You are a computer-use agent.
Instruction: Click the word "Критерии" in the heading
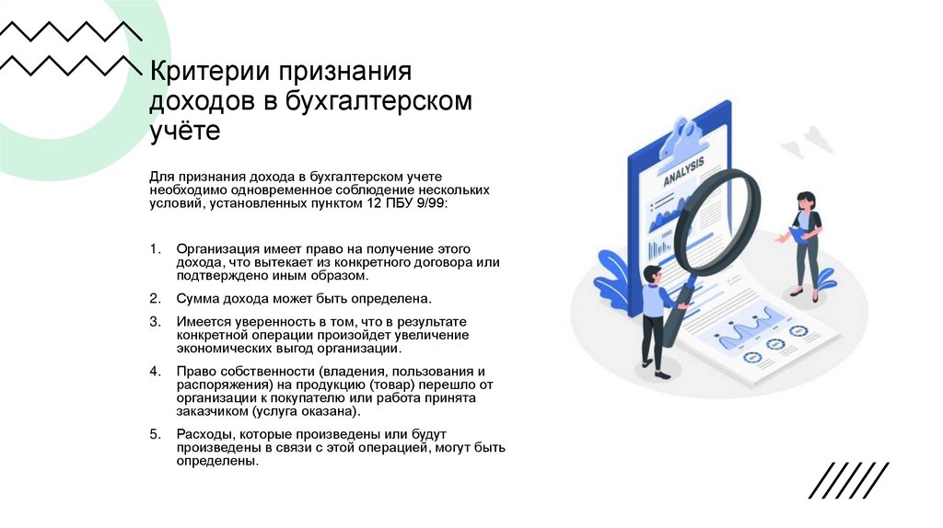204,72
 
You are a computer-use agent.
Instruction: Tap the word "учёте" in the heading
185,131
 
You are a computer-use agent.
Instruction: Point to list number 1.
153,249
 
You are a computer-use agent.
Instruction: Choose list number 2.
153,299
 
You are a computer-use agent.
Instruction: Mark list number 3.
153,321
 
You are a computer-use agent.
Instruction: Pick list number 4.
153,371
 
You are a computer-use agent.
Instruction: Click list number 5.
153,433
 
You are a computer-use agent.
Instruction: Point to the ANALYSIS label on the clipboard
683,172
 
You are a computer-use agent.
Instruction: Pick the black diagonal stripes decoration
848,479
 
